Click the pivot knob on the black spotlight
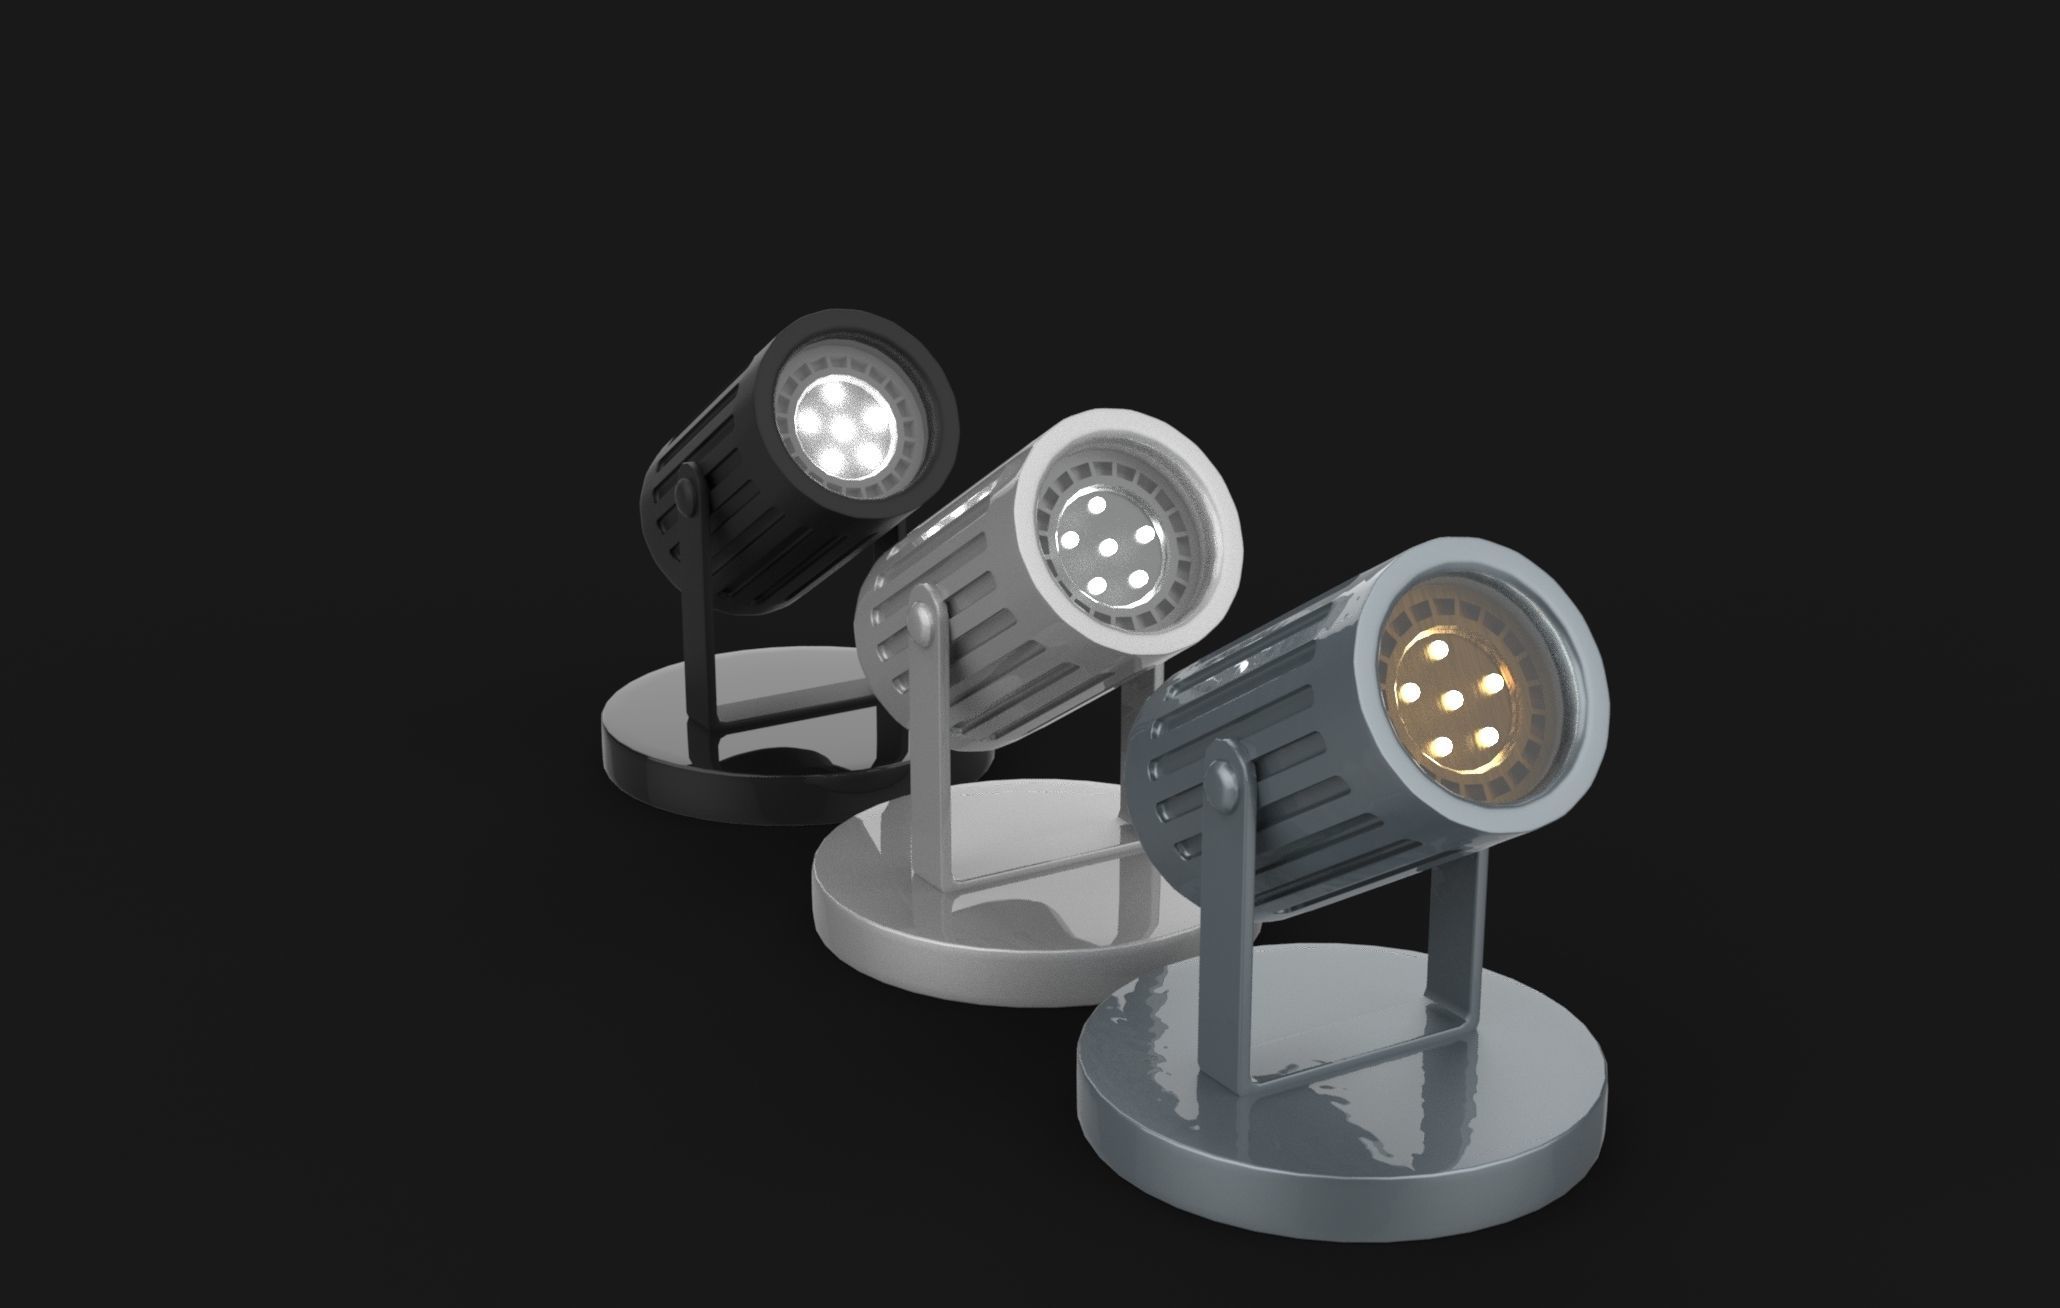(x=685, y=495)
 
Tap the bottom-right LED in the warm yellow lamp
(x=1487, y=737)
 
